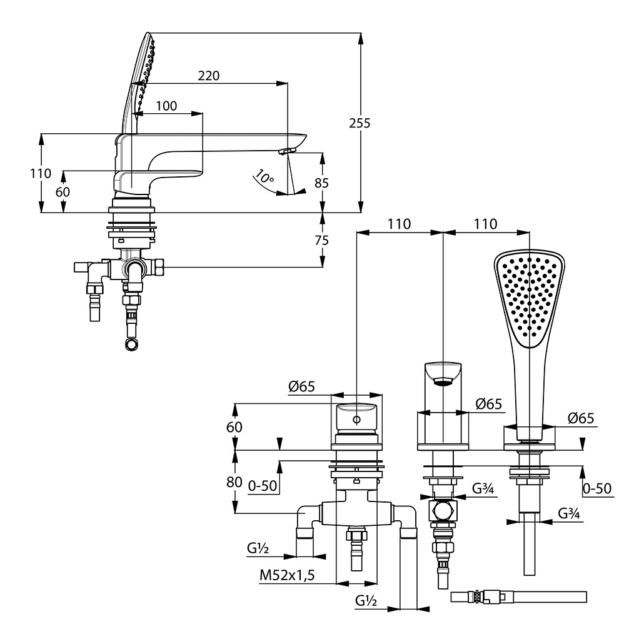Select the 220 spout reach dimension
pyautogui.click(x=209, y=76)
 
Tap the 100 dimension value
pyautogui.click(x=166, y=106)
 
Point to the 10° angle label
pyautogui.click(x=264, y=178)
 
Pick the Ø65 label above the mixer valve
pyautogui.click(x=301, y=388)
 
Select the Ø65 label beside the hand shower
pyautogui.click(x=581, y=419)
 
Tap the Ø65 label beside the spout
pyautogui.click(x=489, y=404)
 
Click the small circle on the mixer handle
pyautogui.click(x=356, y=419)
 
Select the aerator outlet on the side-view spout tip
pyautogui.click(x=287, y=151)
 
